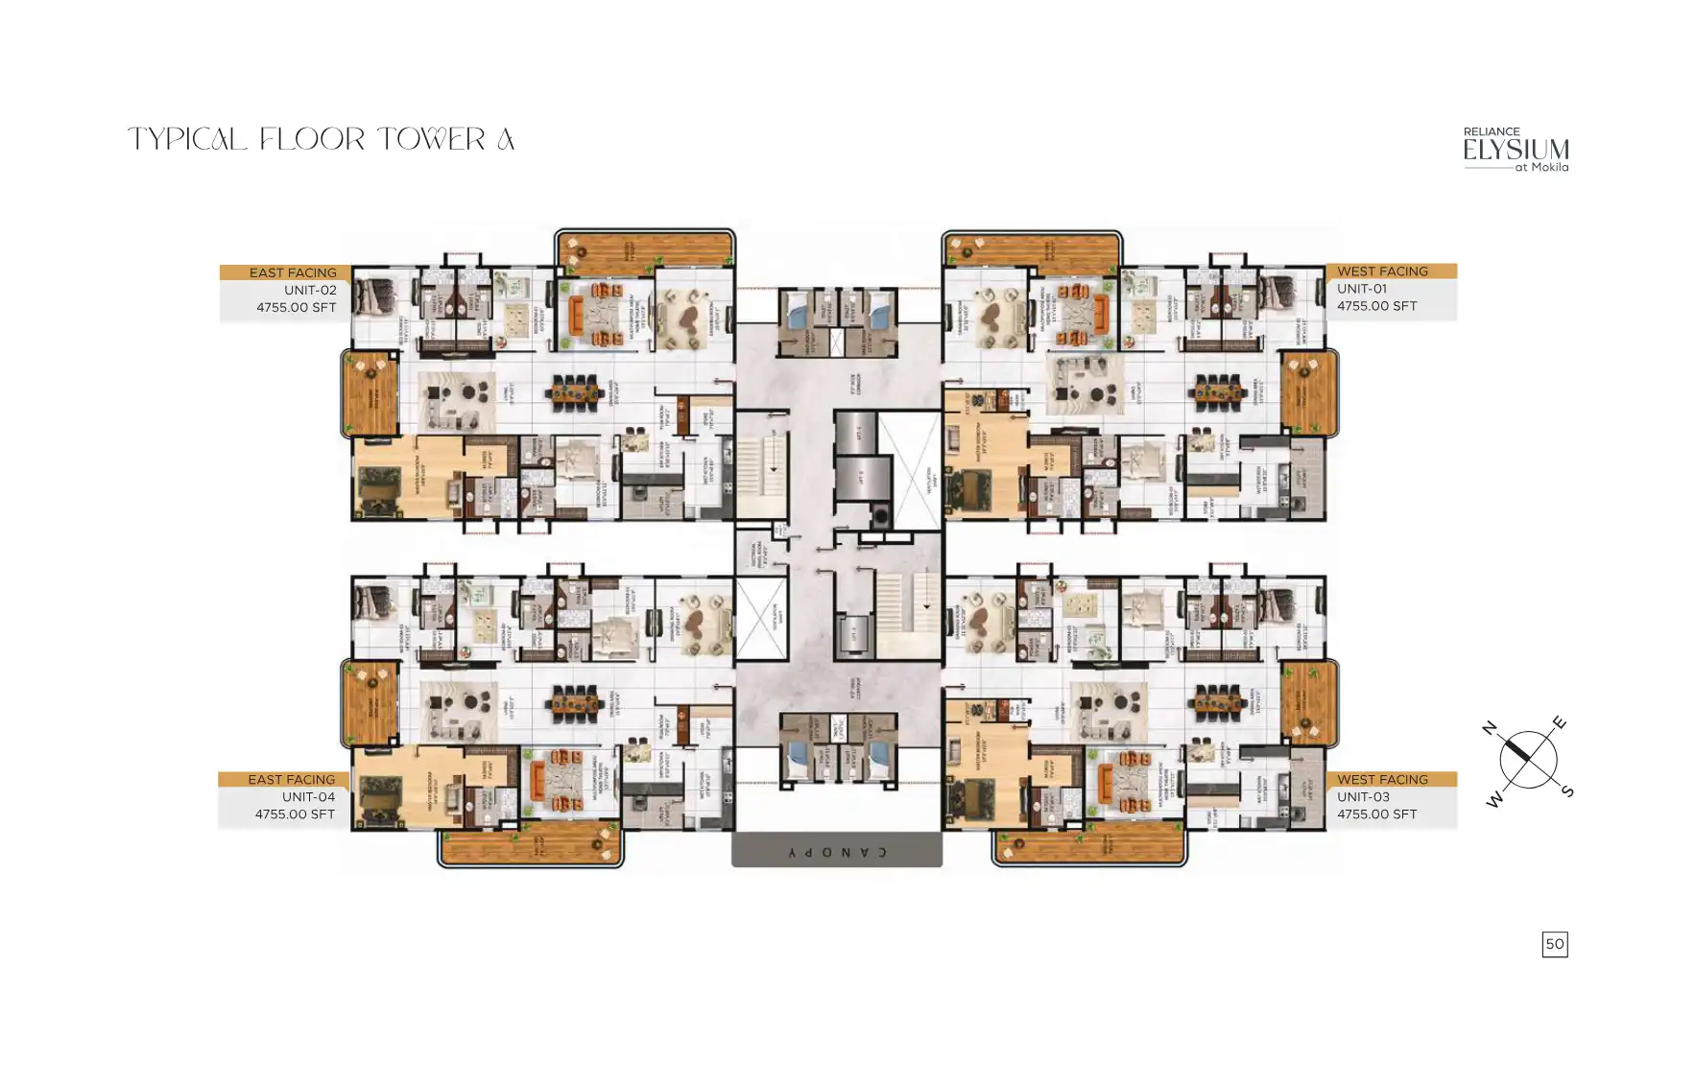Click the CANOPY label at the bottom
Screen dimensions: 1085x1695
click(836, 851)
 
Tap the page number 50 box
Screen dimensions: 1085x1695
click(1554, 944)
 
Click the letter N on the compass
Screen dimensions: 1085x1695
click(1490, 728)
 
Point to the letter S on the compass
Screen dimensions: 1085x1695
click(1566, 791)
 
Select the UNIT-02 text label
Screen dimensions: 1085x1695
click(309, 290)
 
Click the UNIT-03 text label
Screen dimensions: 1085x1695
click(1363, 796)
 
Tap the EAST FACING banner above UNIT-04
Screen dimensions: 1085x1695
click(291, 779)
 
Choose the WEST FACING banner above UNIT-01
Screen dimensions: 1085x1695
click(1382, 271)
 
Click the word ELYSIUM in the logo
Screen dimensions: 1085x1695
click(1516, 151)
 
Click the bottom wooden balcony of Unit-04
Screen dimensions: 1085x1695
click(530, 846)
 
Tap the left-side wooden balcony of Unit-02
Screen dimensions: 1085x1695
click(370, 393)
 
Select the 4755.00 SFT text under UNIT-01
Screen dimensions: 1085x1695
click(1376, 306)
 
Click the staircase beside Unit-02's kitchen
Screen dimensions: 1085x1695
click(761, 463)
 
